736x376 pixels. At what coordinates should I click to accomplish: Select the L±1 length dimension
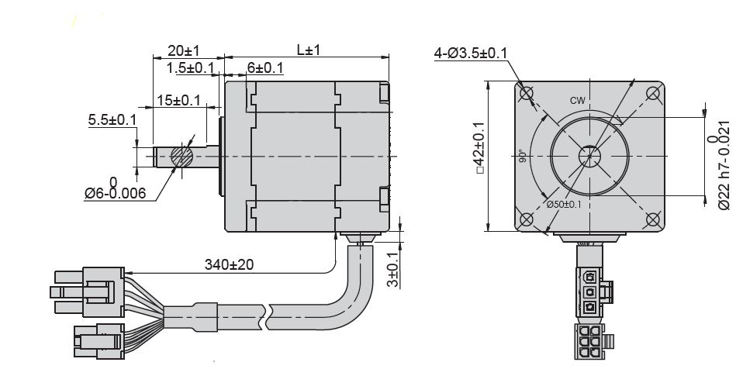tap(308, 50)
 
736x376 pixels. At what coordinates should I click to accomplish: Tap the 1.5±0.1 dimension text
tap(190, 68)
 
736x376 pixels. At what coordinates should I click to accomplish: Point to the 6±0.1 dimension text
tap(264, 68)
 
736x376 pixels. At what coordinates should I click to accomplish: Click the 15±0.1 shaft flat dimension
tap(178, 100)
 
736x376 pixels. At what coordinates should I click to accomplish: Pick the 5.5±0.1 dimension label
tap(112, 119)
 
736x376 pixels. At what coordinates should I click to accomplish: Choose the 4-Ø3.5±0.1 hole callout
tap(471, 53)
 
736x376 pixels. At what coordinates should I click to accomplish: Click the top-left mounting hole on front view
tap(528, 94)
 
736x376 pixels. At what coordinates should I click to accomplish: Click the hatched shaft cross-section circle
tap(181, 156)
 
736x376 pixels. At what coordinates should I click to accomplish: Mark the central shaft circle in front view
tap(589, 156)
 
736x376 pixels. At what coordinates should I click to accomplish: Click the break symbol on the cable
tap(269, 313)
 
